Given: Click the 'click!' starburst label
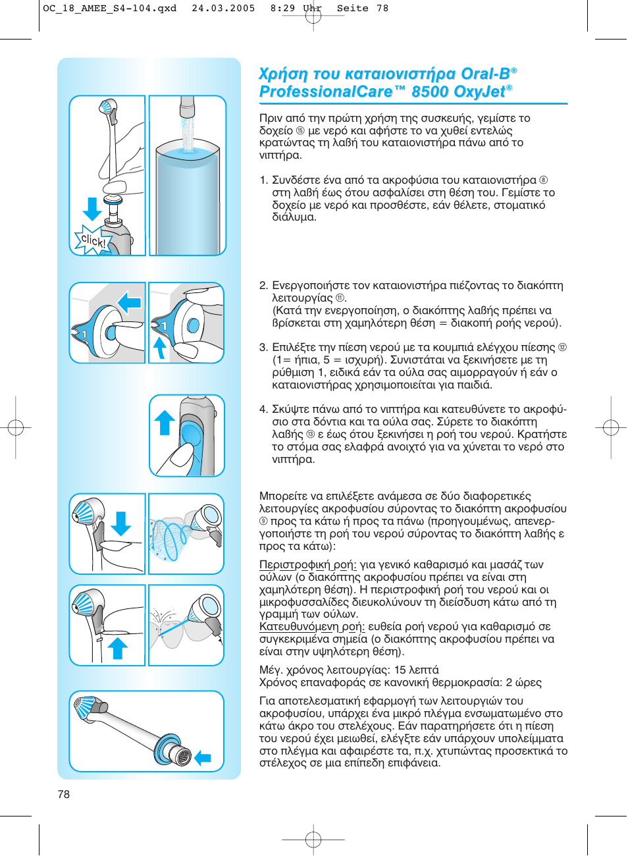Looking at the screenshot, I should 92,241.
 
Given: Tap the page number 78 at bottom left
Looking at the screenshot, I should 64,794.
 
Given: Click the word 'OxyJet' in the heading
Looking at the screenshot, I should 473,92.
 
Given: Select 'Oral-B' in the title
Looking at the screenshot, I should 485,74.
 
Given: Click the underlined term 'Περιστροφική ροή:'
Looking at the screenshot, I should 307,565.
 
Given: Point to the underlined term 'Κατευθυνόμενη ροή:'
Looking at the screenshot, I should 311,627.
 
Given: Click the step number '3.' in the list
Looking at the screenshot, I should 263,348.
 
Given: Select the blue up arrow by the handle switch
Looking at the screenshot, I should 164,423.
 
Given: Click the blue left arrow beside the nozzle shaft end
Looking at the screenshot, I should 203,758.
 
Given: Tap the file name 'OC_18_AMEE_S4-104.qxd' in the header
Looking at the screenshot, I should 110,9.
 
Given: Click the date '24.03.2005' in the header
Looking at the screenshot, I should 223,9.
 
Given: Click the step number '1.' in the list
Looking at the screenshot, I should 263,180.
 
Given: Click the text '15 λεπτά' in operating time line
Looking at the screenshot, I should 416,670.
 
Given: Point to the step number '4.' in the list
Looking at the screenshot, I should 263,410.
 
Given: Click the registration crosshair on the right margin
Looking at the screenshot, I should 611,428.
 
